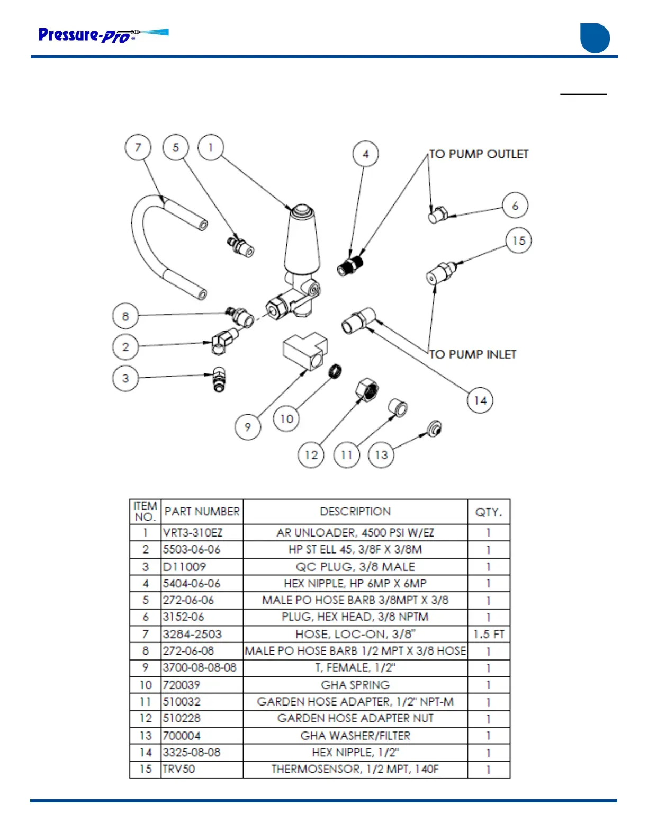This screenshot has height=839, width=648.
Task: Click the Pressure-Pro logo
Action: pyautogui.click(x=103, y=35)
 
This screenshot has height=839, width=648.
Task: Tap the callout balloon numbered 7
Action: pyautogui.click(x=138, y=147)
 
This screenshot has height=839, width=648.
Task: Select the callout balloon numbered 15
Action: pyautogui.click(x=518, y=240)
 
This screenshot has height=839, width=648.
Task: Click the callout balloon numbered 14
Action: pyautogui.click(x=480, y=400)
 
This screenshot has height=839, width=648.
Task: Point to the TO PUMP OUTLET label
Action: pyautogui.click(x=479, y=154)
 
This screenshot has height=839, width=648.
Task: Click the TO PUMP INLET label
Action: pyautogui.click(x=472, y=354)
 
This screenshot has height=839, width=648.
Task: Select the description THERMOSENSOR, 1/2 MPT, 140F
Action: pyautogui.click(x=355, y=769)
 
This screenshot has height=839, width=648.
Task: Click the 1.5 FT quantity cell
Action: pyautogui.click(x=489, y=634)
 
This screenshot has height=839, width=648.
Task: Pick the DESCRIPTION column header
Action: pyautogui.click(x=355, y=512)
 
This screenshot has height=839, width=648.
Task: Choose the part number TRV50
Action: pyautogui.click(x=179, y=769)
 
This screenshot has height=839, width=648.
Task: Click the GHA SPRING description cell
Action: pyautogui.click(x=355, y=685)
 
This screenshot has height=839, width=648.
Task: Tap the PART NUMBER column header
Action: pyautogui.click(x=202, y=512)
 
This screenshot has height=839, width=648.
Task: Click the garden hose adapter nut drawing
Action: pyautogui.click(x=367, y=390)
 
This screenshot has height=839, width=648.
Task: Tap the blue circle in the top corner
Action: pyautogui.click(x=595, y=38)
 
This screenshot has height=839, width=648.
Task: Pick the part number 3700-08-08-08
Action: pyautogui.click(x=200, y=667)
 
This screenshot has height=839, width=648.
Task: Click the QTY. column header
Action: pyautogui.click(x=489, y=512)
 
